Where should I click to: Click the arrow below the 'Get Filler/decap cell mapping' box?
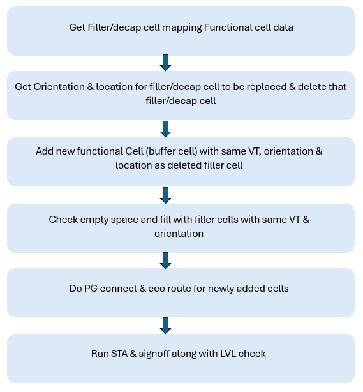[x=165, y=63]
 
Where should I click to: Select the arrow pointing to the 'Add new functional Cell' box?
[x=165, y=129]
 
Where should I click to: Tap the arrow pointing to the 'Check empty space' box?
[x=165, y=195]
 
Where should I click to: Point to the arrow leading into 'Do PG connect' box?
[x=165, y=260]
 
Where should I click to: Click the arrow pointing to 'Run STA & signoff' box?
[x=165, y=326]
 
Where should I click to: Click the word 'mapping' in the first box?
[x=182, y=27]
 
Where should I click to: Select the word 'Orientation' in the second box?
[x=59, y=87]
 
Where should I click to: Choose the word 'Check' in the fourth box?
[x=63, y=220]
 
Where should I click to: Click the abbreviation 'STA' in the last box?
[x=119, y=354]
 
